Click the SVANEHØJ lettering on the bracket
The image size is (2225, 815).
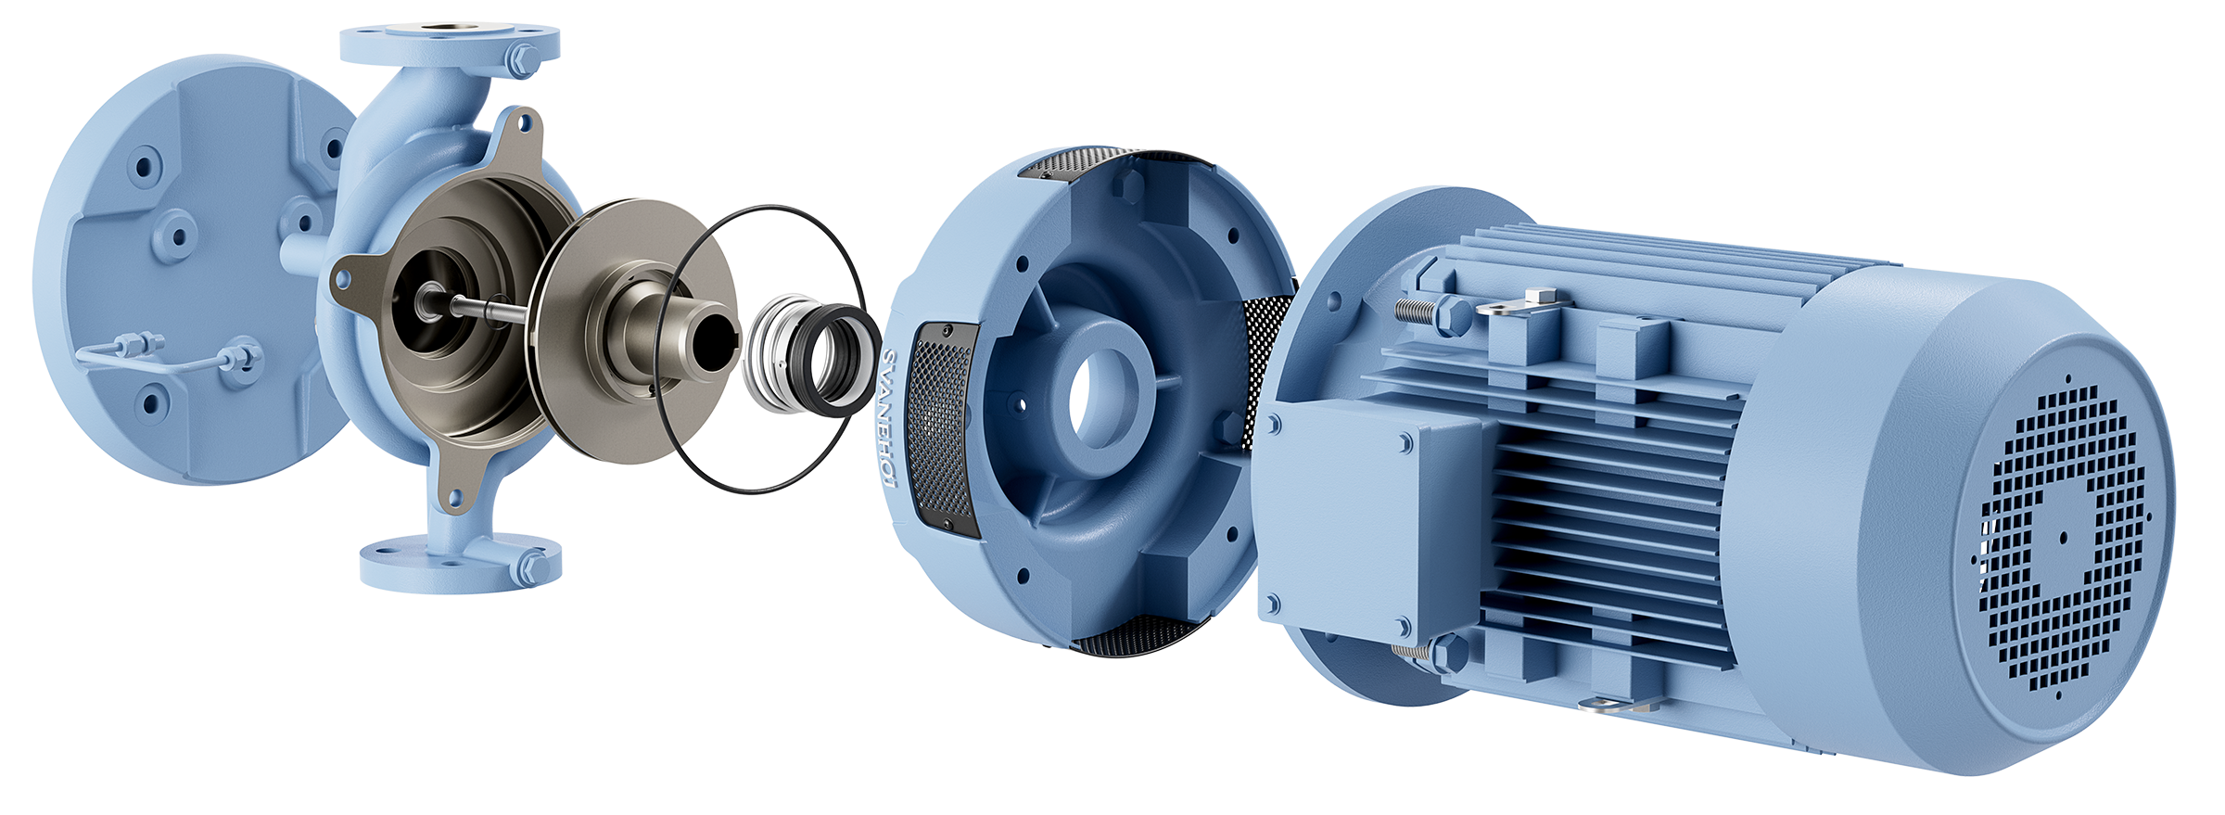[x=887, y=418]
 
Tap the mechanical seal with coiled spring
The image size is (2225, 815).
[x=811, y=354]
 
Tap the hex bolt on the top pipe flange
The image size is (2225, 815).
[x=521, y=59]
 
